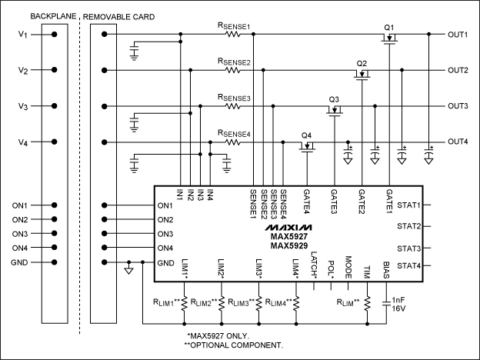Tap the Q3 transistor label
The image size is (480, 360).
pos(333,98)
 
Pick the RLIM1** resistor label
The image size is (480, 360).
pos(167,302)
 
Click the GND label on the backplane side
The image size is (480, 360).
pos(19,262)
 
